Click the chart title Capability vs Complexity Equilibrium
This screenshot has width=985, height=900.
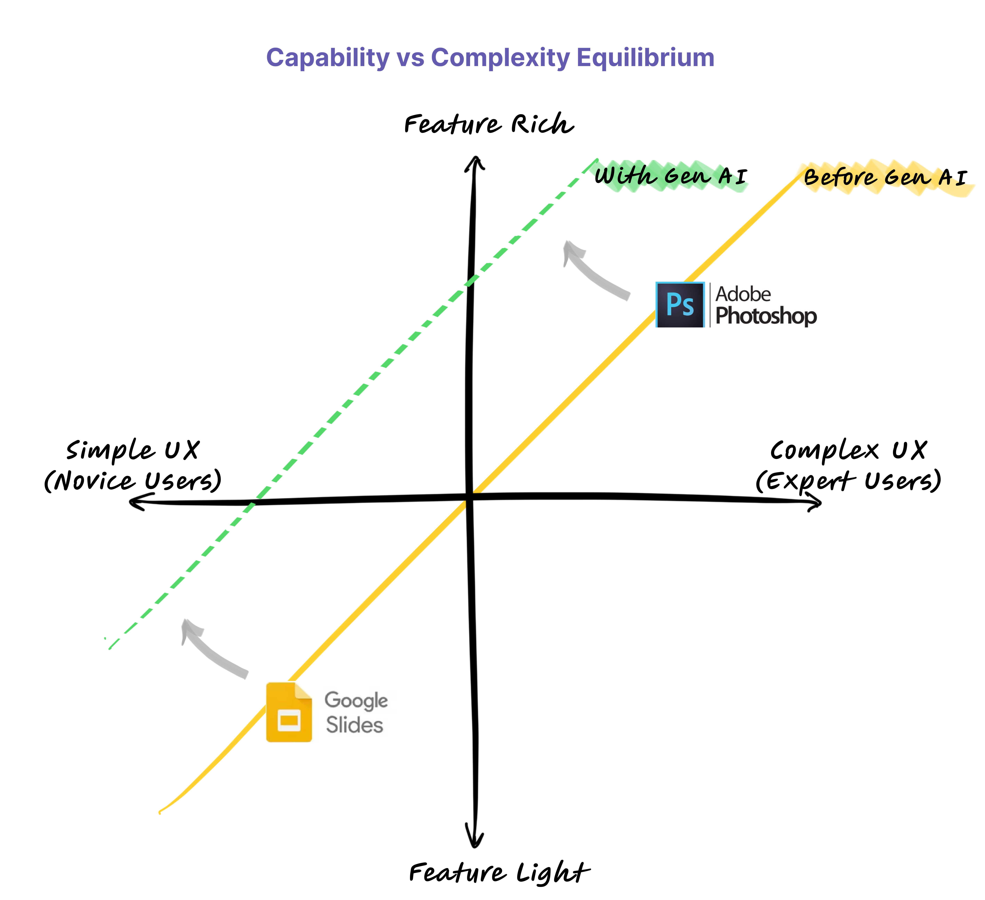(490, 58)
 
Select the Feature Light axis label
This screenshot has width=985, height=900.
(499, 873)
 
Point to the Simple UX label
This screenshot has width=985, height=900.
(133, 451)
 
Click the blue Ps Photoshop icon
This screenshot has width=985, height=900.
(680, 304)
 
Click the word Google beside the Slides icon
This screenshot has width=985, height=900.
(356, 701)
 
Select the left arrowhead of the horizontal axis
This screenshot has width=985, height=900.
(139, 502)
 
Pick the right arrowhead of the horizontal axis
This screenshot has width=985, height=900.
(814, 502)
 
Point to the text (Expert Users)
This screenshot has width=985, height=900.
(848, 481)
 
